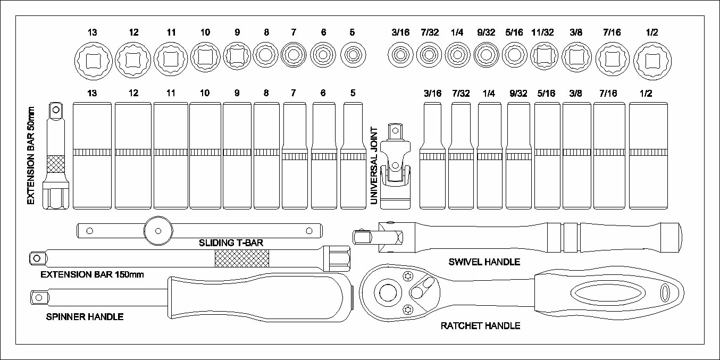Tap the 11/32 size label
543,32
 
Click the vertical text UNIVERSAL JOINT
374,165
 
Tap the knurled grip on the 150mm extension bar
241,258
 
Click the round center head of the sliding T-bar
158,231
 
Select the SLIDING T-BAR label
231,243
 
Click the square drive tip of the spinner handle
38,297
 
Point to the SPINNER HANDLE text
85,317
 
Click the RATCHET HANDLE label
480,325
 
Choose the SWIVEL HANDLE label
484,262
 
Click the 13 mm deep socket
92,155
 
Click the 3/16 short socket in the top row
400,55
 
